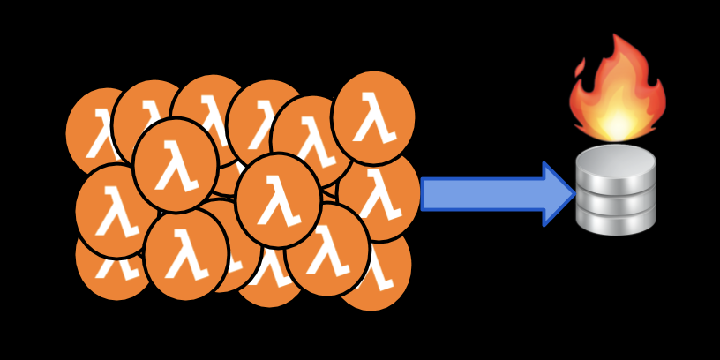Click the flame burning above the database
coord(618,93)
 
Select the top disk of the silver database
coord(616,161)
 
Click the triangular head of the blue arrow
coord(558,194)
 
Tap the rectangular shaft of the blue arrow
coord(481,194)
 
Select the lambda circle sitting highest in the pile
coord(373,116)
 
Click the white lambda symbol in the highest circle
coord(373,118)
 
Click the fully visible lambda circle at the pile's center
coord(278,200)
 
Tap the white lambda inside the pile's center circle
coord(278,202)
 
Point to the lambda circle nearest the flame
coord(373,116)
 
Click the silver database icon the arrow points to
coord(616,190)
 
